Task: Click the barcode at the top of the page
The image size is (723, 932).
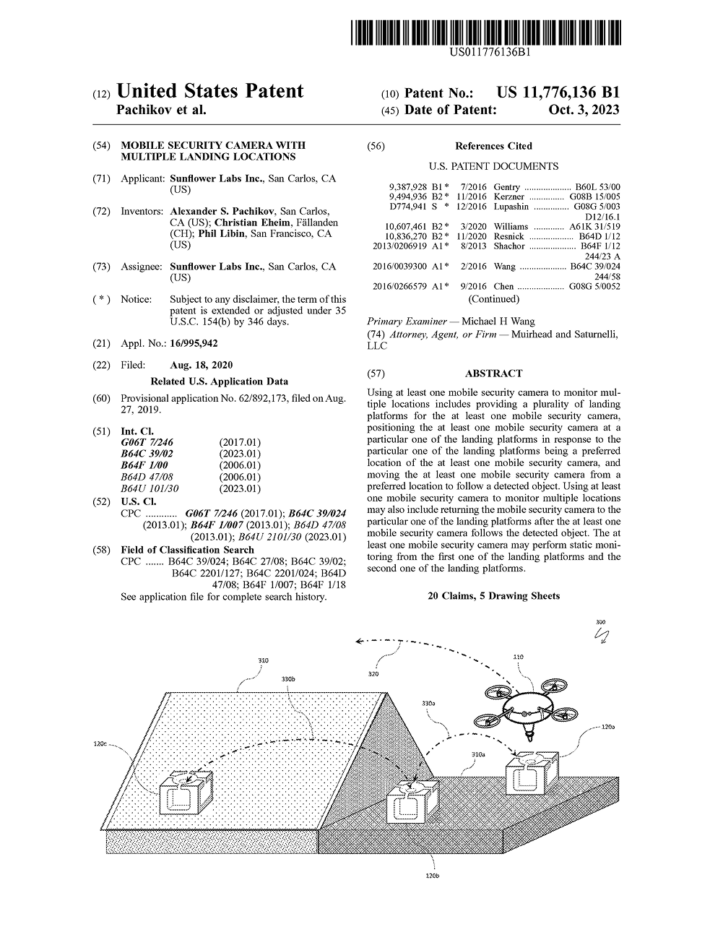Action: click(486, 34)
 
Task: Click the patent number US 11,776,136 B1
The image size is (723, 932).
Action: click(558, 92)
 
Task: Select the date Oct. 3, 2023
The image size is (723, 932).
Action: click(584, 110)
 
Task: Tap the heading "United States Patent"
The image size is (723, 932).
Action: click(209, 92)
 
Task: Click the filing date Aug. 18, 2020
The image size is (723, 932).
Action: click(202, 365)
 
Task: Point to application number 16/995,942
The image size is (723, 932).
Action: click(194, 343)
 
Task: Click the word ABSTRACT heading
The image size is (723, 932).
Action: click(493, 374)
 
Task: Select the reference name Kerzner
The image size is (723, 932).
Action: click(509, 197)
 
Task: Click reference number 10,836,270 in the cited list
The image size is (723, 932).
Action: click(406, 236)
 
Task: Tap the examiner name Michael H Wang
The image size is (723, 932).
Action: click(498, 321)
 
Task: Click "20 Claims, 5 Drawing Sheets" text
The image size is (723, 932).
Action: click(493, 596)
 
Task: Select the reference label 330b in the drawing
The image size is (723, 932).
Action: click(288, 679)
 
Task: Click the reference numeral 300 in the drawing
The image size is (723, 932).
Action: click(600, 622)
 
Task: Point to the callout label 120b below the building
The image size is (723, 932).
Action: click(433, 876)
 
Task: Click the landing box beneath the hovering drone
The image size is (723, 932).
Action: click(532, 772)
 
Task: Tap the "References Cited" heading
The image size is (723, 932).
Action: click(493, 146)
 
